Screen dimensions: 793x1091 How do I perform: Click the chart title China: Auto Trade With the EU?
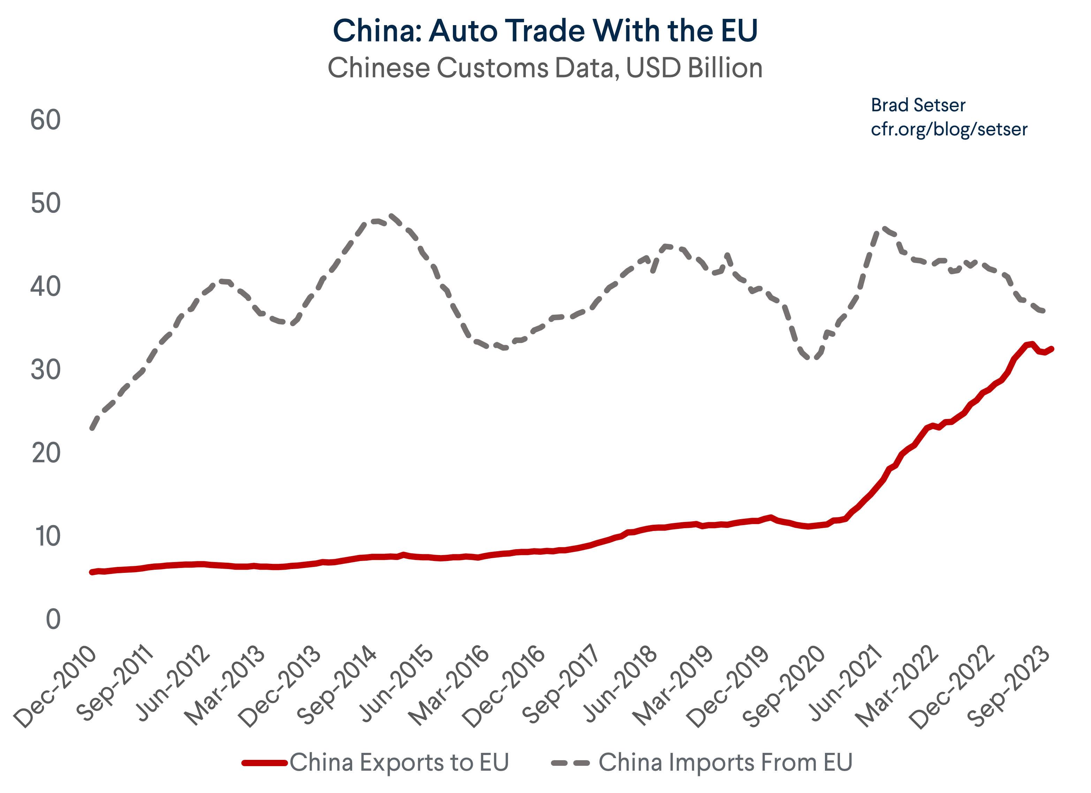click(545, 31)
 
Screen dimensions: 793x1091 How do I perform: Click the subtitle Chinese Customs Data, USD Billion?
click(545, 68)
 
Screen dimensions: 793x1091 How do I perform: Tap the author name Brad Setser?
click(917, 105)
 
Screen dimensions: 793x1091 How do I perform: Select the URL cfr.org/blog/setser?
click(949, 129)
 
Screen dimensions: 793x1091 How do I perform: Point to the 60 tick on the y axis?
click(46, 120)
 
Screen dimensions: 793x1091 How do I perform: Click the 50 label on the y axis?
click(46, 203)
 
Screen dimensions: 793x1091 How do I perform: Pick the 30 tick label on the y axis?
click(46, 370)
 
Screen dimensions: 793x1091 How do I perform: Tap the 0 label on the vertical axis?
click(53, 620)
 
